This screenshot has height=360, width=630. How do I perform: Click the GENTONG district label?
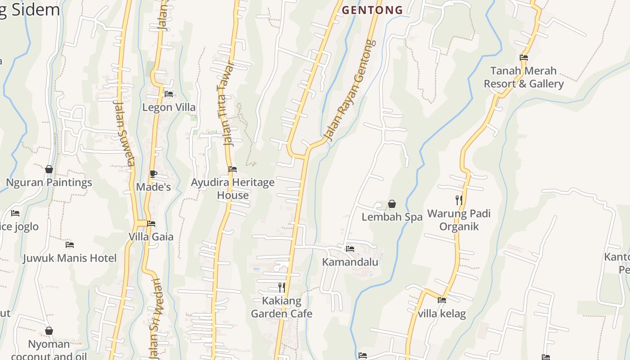pos(372,10)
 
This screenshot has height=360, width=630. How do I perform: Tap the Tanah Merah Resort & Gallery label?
pos(523,77)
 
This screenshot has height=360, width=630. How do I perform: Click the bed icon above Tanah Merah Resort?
pos(523,58)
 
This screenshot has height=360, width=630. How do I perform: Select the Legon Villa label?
pos(169,107)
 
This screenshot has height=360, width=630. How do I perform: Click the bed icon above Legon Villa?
pos(169,94)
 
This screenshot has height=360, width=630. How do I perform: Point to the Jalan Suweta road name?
pos(124,133)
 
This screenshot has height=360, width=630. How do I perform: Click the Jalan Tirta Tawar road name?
pos(230,103)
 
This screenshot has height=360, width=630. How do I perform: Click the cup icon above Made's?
pos(153,174)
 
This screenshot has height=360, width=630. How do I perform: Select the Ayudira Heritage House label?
pos(233,189)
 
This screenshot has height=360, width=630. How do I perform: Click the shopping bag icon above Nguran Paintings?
pos(49,169)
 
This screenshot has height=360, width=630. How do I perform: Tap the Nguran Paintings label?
pos(49,182)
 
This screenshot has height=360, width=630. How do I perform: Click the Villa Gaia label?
pos(151,236)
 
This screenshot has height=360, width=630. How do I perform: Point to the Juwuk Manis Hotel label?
pos(70,258)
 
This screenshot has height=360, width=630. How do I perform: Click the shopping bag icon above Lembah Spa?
pos(392,204)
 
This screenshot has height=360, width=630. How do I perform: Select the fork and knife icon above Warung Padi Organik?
pos(459,200)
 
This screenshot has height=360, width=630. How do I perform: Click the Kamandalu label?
pos(350,262)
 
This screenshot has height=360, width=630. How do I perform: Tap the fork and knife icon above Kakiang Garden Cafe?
pos(281,287)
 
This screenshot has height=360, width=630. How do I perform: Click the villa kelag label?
pos(442,314)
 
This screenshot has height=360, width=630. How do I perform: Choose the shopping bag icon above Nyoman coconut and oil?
pos(49,331)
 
